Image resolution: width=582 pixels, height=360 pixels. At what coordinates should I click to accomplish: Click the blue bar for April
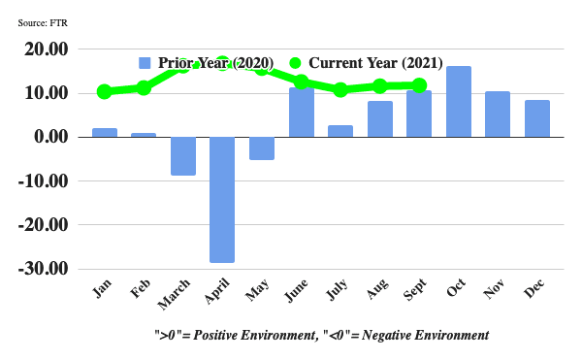(222, 199)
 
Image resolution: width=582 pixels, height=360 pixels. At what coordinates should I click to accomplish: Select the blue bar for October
(459, 102)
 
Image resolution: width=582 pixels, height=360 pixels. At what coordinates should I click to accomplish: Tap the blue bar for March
(183, 155)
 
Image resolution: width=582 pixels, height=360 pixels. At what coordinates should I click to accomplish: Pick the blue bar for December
(537, 118)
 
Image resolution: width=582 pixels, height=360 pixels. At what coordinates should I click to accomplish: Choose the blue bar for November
(498, 114)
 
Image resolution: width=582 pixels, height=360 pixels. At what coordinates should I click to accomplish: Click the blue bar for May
(262, 147)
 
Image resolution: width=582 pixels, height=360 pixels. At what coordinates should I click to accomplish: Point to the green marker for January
(105, 92)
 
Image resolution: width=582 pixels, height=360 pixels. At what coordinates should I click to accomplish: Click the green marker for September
(419, 85)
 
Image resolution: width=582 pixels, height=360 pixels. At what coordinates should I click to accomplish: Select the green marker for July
(340, 90)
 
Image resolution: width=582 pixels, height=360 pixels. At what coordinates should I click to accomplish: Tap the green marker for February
(144, 88)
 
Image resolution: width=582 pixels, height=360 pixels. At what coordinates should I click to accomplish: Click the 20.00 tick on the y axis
(47, 49)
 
